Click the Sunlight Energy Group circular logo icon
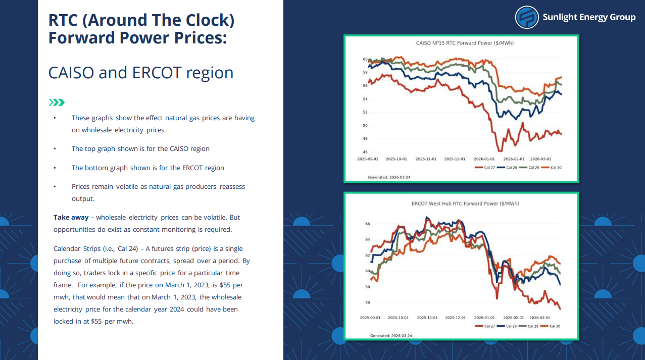pos(527,17)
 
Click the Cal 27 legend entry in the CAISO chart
pos(486,167)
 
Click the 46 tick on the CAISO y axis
pos(365,152)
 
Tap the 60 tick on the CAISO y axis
pos(365,60)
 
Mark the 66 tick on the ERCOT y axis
pos(367,223)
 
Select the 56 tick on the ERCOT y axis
pos(367,302)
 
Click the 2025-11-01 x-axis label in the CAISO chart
pos(426,159)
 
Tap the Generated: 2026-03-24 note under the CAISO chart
pos(389,177)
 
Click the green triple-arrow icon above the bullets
pos(56,102)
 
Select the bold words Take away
pos(71,218)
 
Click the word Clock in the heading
pos(210,20)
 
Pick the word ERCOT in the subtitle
pos(157,73)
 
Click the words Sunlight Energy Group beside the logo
pos(589,17)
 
